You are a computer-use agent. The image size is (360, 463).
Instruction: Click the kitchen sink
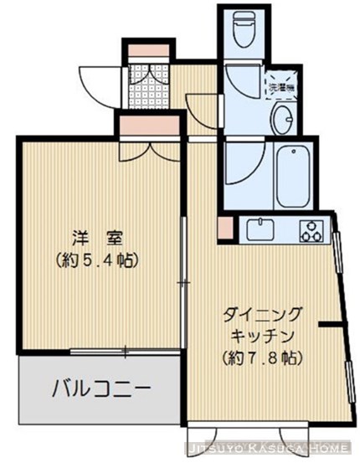tap(261, 229)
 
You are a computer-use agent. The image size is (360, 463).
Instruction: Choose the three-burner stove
tap(312, 229)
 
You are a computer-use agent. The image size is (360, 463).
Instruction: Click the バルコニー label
tap(100, 389)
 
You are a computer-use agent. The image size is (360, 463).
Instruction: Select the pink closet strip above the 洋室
tap(150, 126)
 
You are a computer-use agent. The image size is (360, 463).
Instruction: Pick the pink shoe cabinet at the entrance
tap(149, 50)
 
